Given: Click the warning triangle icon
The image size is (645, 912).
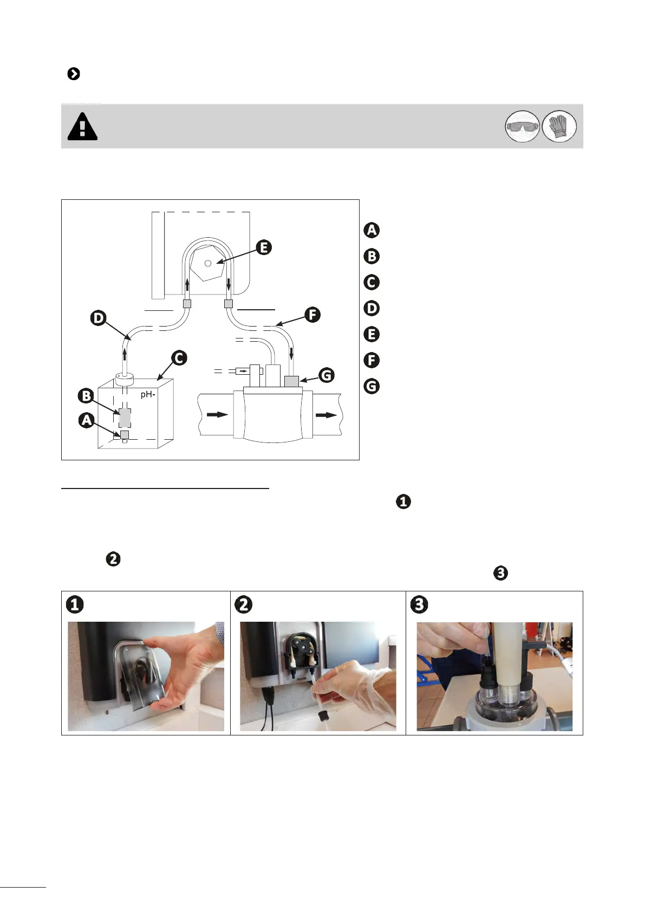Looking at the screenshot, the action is (x=82, y=127).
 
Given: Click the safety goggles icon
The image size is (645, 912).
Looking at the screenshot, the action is (x=522, y=127).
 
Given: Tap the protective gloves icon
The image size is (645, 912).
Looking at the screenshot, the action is (x=559, y=127).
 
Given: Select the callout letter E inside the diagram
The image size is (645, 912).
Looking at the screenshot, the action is (x=264, y=247).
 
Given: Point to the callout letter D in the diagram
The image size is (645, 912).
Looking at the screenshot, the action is (x=98, y=317).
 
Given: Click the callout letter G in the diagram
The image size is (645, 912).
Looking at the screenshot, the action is (x=326, y=375).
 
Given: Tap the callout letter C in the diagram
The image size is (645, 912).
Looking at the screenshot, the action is (x=179, y=358).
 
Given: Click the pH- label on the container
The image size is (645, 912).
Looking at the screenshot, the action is (x=148, y=394).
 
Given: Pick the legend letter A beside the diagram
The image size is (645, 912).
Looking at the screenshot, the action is (x=372, y=230).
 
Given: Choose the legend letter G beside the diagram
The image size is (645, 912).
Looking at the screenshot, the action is (x=372, y=386).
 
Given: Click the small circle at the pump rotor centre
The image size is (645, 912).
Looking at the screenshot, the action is (x=208, y=263).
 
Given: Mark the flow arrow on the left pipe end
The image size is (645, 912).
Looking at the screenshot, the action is (x=217, y=415).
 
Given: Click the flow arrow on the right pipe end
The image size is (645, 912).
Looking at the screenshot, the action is (x=326, y=415).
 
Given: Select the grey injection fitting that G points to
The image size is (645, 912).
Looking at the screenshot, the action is (x=291, y=381).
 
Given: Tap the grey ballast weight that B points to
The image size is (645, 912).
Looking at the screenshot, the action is (x=125, y=418).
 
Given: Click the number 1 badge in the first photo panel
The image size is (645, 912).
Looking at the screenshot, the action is (x=75, y=604).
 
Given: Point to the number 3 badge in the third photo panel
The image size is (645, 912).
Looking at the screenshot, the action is (x=419, y=604).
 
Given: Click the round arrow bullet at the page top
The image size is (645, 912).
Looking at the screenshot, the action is (x=74, y=74).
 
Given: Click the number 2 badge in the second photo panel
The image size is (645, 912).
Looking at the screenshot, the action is (x=244, y=604).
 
